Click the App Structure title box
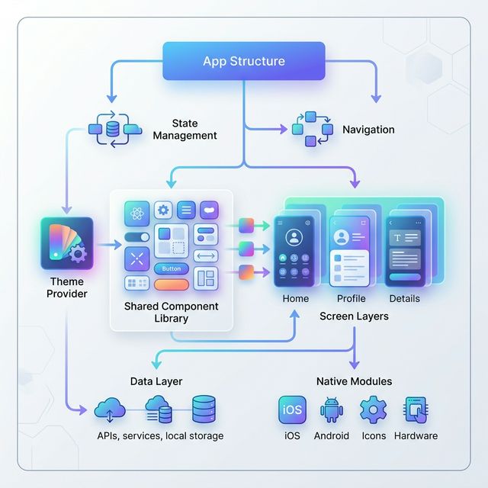click(x=244, y=61)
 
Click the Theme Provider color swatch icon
click(x=67, y=244)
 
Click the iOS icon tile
click(x=292, y=409)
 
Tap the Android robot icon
click(x=332, y=409)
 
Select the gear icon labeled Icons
click(x=373, y=409)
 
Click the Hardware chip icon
click(x=416, y=409)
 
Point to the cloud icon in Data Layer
click(x=110, y=411)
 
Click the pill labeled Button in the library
click(x=172, y=268)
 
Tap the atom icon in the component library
click(x=137, y=211)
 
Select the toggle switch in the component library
click(x=137, y=237)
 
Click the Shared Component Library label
click(x=171, y=312)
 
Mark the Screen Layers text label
click(x=354, y=316)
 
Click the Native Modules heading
click(x=354, y=380)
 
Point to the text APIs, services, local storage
click(x=160, y=436)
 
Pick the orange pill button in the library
click(x=172, y=284)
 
